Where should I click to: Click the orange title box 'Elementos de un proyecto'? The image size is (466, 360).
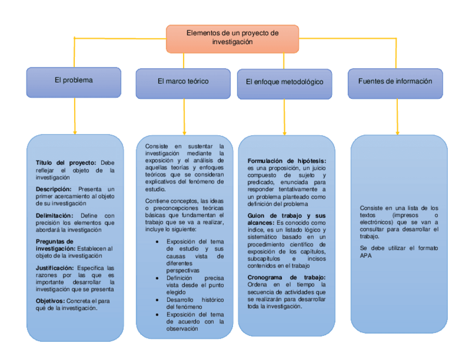click(x=232, y=37)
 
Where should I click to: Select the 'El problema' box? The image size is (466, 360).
click(x=74, y=80)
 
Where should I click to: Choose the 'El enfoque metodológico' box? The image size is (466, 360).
click(x=284, y=82)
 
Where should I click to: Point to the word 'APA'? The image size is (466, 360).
click(x=366, y=256)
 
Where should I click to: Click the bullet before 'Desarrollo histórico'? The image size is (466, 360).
click(x=158, y=300)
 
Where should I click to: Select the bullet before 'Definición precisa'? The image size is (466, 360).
click(x=158, y=278)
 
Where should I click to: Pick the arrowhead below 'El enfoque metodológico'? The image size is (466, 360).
click(x=284, y=132)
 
